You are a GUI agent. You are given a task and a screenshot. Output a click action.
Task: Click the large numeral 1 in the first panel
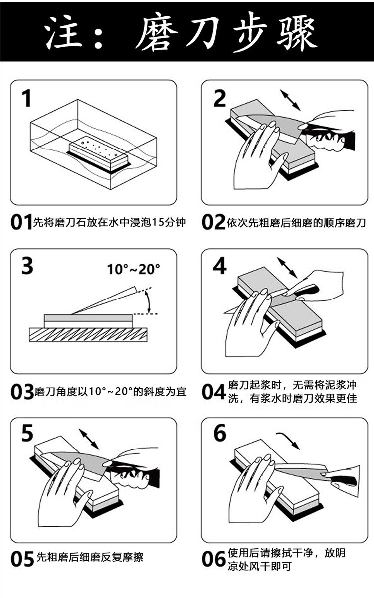click(26, 98)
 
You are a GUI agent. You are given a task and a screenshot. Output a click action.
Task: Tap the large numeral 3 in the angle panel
click(27, 266)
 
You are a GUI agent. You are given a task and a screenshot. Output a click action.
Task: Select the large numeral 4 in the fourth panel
click(219, 266)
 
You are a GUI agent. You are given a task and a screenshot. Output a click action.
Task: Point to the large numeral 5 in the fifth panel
click(27, 434)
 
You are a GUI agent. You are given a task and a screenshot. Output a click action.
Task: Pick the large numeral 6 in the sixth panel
click(220, 434)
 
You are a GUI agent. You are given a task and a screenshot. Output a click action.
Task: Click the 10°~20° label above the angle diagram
click(133, 269)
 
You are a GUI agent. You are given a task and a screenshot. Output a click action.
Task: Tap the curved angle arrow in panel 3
click(147, 302)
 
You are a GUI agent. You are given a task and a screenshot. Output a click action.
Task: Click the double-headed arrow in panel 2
click(290, 100)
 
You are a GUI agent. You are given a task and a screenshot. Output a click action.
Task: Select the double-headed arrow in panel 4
click(287, 268)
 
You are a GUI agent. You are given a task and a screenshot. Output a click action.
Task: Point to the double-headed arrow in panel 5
click(89, 438)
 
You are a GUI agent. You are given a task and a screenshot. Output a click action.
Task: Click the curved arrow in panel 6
click(289, 440)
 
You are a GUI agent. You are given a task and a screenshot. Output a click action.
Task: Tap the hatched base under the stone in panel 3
click(88, 334)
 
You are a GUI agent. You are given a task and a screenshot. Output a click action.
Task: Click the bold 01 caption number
click(21, 222)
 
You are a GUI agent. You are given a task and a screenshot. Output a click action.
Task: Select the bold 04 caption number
click(214, 392)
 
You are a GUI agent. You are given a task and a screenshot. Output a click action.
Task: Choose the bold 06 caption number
click(214, 559)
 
